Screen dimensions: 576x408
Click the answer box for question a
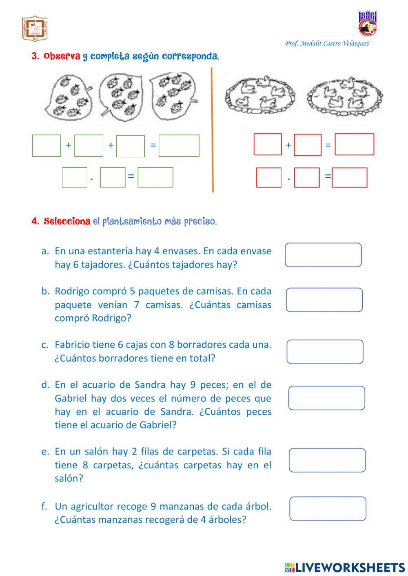323,255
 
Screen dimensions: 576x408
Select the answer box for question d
326,398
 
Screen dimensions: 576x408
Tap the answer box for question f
328,508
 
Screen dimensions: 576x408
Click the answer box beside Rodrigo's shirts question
324,300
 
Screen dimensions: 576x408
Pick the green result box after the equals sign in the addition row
179,146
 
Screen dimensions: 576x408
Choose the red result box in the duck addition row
354,145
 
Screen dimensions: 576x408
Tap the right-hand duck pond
345,95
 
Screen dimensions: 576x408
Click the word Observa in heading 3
62,57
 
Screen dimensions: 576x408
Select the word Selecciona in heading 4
67,222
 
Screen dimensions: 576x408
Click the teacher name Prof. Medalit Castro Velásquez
326,44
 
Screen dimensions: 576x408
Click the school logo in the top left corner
35,29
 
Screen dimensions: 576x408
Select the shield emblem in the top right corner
367,23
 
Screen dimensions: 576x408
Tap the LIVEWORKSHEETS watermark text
350,567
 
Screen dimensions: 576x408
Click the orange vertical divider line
212,130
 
